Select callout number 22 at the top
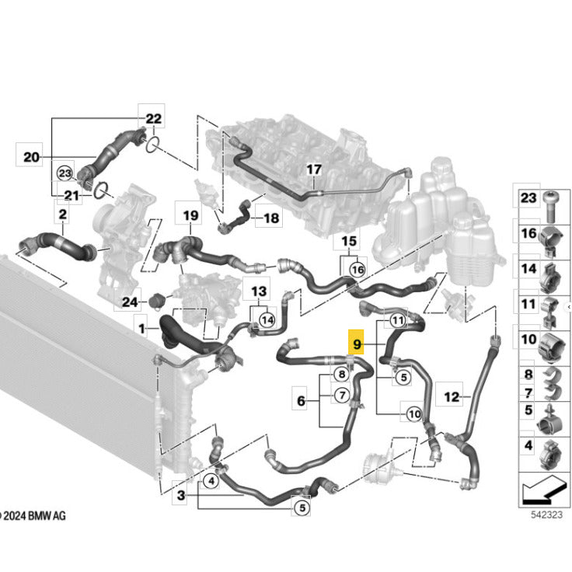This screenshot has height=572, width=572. click(x=153, y=119)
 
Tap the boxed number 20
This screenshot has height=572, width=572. click(x=31, y=157)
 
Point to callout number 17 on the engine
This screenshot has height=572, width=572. click(x=314, y=169)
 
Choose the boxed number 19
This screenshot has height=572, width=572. click(x=190, y=215)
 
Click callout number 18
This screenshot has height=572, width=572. click(x=271, y=218)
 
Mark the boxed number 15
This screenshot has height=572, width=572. click(x=349, y=241)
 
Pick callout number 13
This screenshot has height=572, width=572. click(x=259, y=291)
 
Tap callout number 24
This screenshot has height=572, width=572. click(x=130, y=302)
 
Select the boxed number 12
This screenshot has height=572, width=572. click(x=452, y=396)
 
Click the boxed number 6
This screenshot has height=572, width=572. click(x=301, y=400)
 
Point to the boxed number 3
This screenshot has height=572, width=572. click(x=181, y=495)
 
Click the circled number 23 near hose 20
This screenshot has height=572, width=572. click(x=65, y=173)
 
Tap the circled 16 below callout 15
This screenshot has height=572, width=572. click(x=357, y=270)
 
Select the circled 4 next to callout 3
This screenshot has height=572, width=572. click(x=211, y=481)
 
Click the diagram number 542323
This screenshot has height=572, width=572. click(x=546, y=514)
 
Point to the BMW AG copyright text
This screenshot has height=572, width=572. click(x=33, y=516)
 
